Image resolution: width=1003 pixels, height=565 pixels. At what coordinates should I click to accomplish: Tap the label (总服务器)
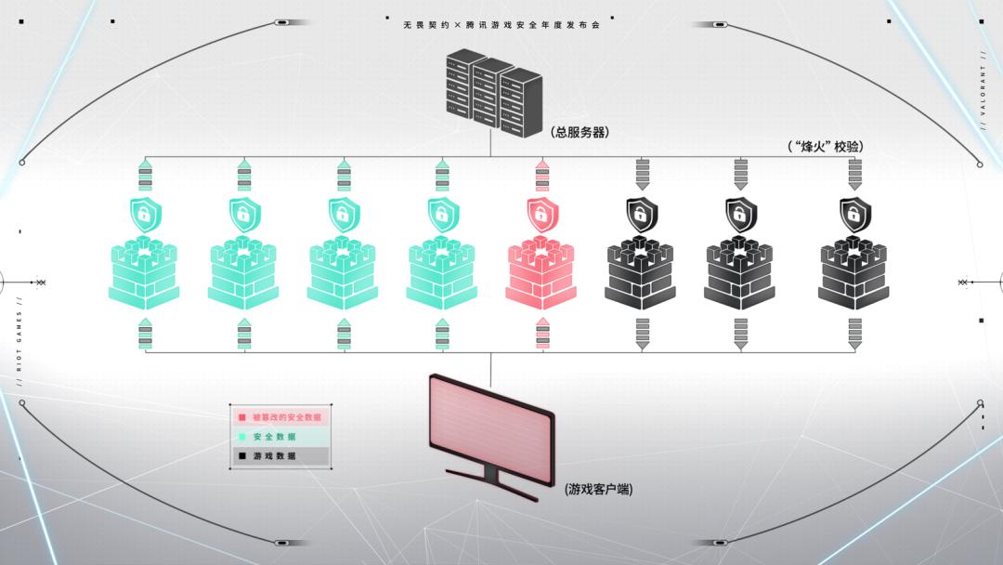click(x=580, y=132)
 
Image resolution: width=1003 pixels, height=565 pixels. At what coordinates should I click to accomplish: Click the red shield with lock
click(x=541, y=214)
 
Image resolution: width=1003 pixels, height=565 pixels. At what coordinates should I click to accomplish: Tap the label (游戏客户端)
click(x=598, y=488)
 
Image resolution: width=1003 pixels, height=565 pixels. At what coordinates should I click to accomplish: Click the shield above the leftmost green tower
click(x=145, y=214)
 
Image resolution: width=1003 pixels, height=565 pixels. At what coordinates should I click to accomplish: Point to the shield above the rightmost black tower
click(x=855, y=214)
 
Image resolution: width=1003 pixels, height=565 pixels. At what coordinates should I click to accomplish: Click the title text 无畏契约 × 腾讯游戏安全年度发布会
click(x=501, y=25)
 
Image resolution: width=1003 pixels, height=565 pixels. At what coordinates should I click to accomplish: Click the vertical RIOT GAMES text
click(x=19, y=340)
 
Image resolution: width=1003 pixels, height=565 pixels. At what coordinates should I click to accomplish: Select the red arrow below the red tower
click(x=542, y=334)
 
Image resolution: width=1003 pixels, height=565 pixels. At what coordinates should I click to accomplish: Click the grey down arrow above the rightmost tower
click(x=855, y=175)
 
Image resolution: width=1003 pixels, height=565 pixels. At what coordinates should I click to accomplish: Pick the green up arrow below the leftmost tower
click(x=145, y=334)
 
